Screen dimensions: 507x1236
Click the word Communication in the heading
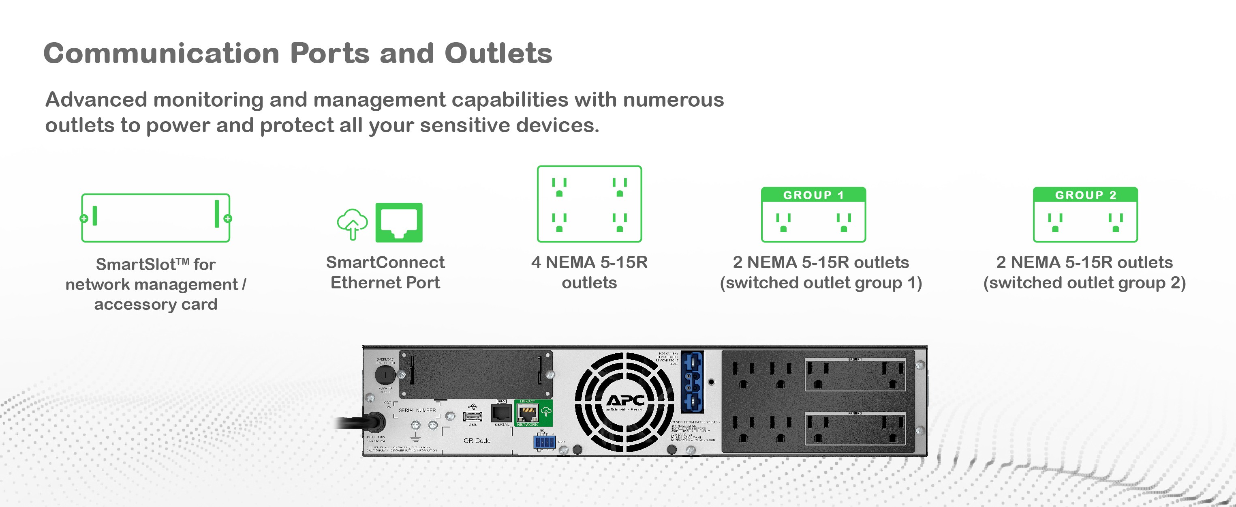pos(161,53)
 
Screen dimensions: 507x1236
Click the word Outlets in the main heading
pos(498,53)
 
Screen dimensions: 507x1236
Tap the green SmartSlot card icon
pos(156,218)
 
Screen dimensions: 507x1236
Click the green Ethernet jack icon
pos(399,222)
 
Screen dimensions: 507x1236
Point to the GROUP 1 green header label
pos(813,195)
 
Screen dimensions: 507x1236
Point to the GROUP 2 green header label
pos(1085,195)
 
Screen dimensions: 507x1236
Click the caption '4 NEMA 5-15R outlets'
pos(589,272)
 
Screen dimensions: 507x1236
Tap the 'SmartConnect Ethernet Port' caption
pos(385,272)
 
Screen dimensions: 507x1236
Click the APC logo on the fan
pos(625,401)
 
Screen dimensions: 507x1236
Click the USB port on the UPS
pos(472,416)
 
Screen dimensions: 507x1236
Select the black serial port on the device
pos(501,413)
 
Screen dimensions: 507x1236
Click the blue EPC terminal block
pos(544,442)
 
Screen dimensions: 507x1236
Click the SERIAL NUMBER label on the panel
pos(417,410)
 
